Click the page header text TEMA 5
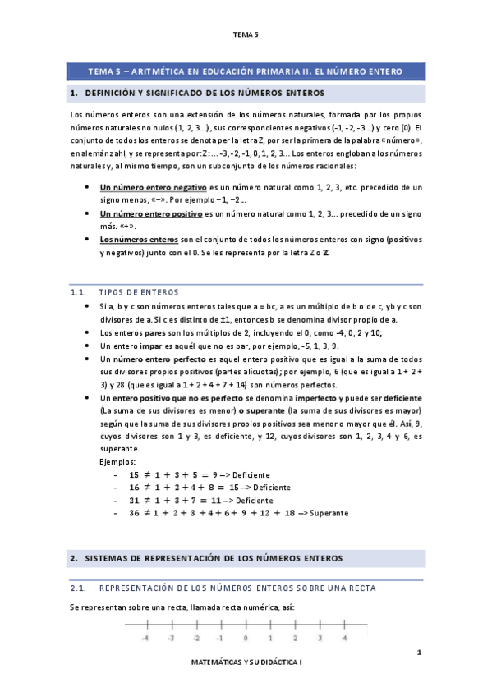[246, 34]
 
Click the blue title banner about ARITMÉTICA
[246, 72]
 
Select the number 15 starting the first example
[135, 475]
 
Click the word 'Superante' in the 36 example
[329, 513]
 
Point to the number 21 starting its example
[135, 500]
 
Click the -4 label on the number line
[145, 637]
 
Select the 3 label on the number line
[320, 637]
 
